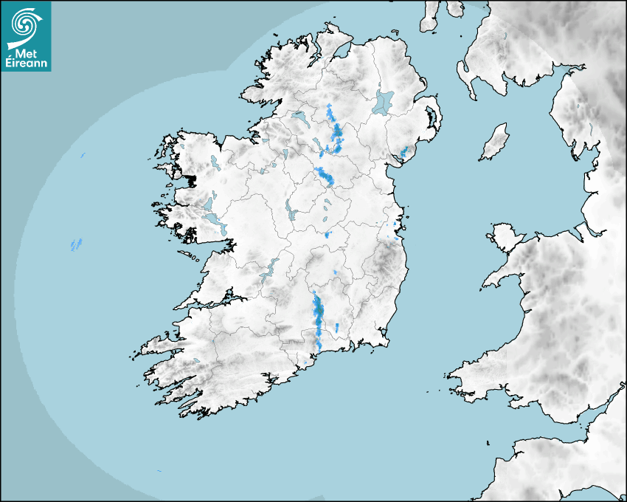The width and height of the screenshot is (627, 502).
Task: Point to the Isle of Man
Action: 495,142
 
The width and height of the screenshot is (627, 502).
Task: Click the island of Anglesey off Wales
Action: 505,237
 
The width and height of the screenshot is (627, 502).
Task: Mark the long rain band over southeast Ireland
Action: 318,317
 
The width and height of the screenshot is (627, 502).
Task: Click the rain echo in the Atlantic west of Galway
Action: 76,244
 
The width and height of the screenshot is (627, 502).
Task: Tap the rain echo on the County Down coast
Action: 403,152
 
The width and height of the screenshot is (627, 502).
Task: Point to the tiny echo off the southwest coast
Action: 159,471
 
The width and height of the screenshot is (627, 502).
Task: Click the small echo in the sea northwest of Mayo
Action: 83,155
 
